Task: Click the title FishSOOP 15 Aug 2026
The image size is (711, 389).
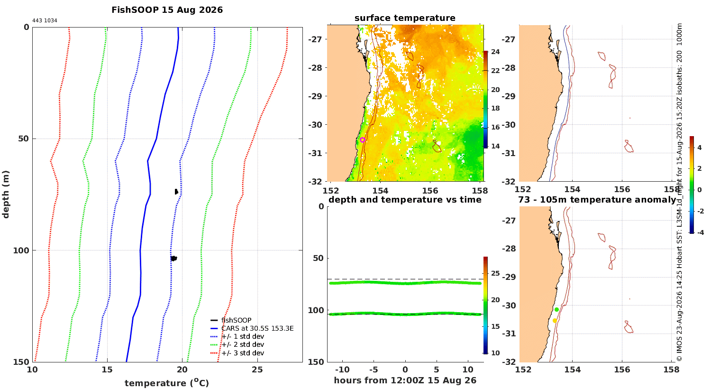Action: tap(167, 10)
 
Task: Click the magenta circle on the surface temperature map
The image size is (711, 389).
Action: tap(363, 140)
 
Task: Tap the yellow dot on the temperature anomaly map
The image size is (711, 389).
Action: tap(555, 321)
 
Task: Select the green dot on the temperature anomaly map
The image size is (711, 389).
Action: tap(556, 310)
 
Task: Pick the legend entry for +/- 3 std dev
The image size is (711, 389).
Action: tap(237, 353)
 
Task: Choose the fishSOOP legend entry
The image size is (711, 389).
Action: tap(231, 320)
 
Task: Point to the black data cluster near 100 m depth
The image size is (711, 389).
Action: tap(173, 259)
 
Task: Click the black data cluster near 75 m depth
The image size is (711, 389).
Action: tap(176, 192)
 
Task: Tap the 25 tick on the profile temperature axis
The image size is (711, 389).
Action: tap(257, 370)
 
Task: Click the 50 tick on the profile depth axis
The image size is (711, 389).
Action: tap(23, 139)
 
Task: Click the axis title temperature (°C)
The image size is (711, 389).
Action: tap(167, 383)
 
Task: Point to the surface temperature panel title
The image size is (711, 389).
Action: tap(405, 18)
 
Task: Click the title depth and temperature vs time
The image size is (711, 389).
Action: tap(405, 200)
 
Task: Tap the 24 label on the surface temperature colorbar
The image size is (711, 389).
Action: tap(495, 52)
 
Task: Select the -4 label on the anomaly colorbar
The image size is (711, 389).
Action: tap(700, 232)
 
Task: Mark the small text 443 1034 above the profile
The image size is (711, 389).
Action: tap(45, 21)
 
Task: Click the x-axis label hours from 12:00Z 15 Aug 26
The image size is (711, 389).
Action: tap(405, 380)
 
